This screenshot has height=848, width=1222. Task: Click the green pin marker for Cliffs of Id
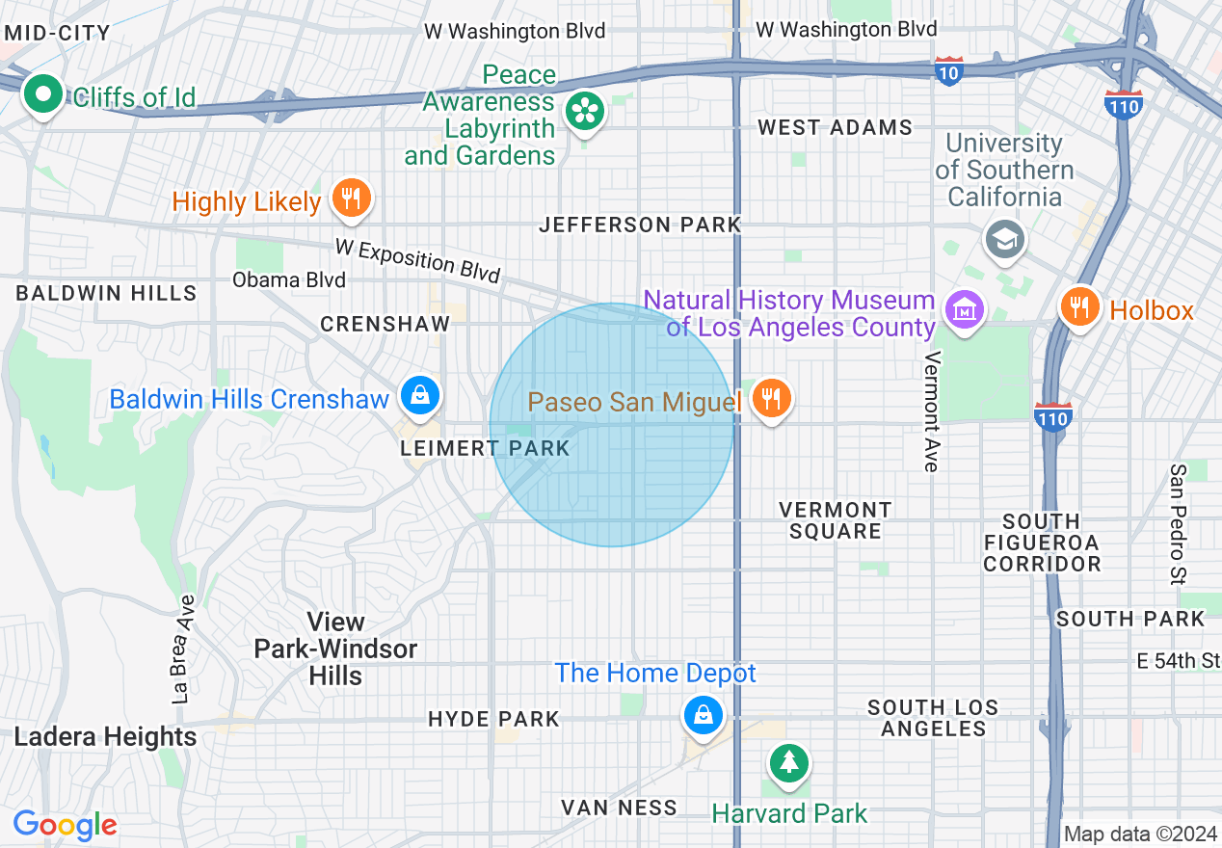point(42,94)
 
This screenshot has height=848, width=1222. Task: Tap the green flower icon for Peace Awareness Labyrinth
point(584,112)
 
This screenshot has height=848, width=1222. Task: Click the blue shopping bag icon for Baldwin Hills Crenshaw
point(420,396)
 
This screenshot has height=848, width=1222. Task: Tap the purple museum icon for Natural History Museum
point(964,310)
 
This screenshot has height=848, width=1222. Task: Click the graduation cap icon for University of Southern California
point(1005,238)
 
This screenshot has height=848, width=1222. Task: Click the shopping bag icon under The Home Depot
point(704,716)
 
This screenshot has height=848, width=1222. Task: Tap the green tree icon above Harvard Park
point(789,763)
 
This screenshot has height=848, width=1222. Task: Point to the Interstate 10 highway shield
point(948,71)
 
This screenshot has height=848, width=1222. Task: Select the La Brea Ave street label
point(183,649)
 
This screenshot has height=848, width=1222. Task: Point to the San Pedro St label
point(1178,525)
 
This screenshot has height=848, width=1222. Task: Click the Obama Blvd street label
point(288,280)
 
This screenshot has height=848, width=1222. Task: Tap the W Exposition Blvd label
point(418,260)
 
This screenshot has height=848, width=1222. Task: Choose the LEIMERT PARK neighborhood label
point(486,449)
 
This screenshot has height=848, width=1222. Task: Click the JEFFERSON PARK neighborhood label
point(640,225)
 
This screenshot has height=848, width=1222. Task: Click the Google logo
point(65,825)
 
